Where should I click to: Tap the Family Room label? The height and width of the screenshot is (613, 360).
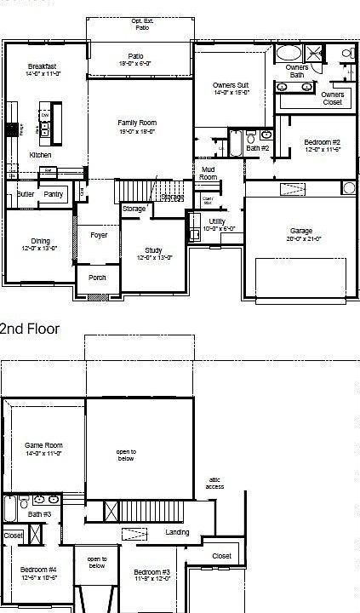(137, 123)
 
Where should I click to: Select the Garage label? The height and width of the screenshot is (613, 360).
(300, 231)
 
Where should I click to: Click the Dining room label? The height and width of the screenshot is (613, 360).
(40, 241)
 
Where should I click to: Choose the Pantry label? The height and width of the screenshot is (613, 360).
(54, 194)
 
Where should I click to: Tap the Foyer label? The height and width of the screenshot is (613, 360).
(99, 235)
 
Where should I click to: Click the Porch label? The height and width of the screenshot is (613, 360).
(97, 277)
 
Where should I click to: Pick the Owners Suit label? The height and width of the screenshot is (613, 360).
(231, 85)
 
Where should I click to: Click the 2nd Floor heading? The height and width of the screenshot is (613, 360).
(30, 329)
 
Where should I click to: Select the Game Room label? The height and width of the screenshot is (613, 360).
(43, 445)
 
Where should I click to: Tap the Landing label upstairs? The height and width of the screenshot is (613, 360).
(177, 532)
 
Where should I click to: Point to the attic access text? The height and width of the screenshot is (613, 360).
(215, 483)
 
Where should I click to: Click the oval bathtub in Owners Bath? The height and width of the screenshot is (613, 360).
(290, 54)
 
